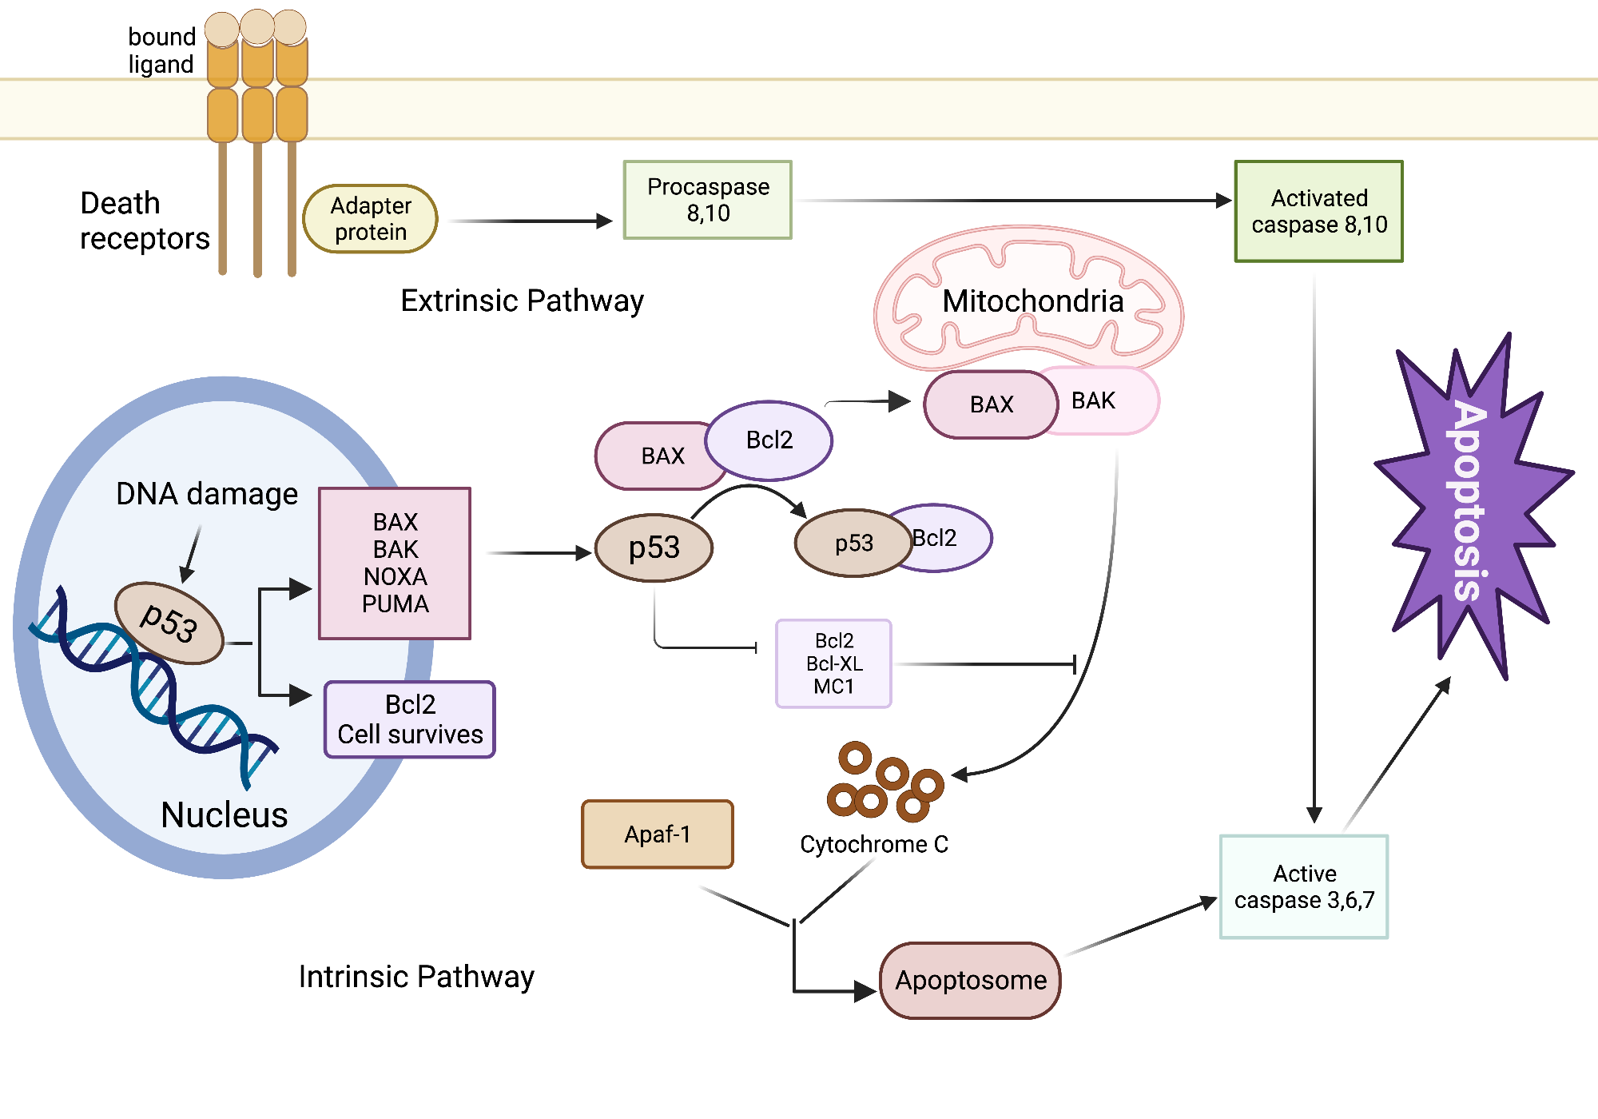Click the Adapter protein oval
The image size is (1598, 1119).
[370, 219]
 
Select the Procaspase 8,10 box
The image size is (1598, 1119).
[707, 200]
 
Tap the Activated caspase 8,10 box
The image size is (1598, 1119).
[1318, 211]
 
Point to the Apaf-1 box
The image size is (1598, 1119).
[657, 834]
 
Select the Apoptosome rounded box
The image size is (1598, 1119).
[970, 980]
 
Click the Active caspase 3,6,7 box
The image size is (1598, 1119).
[1304, 886]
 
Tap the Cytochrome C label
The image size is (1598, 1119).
[874, 844]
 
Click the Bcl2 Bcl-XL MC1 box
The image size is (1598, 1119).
[833, 663]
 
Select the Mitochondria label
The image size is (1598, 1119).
[1032, 301]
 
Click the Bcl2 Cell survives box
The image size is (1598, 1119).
[410, 719]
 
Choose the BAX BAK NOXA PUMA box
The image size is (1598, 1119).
[395, 563]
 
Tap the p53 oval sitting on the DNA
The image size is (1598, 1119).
[169, 623]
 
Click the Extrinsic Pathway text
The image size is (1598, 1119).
[522, 301]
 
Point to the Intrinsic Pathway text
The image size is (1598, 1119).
[416, 977]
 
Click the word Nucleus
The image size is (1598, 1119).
[224, 814]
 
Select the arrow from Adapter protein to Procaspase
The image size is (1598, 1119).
[531, 221]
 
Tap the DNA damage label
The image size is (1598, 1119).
[206, 494]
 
